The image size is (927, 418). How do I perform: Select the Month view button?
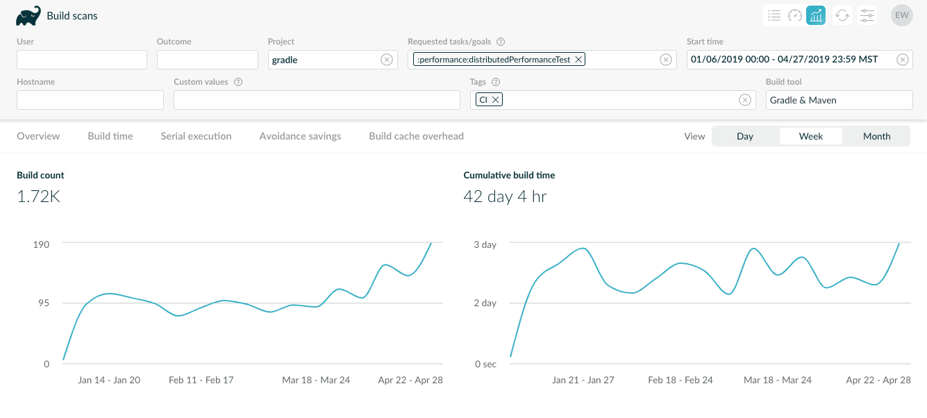(876, 136)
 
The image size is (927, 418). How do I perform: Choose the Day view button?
(745, 136)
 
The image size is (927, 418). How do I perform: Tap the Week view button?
(810, 136)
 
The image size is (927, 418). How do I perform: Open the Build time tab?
(110, 136)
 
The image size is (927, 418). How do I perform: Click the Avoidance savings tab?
(300, 136)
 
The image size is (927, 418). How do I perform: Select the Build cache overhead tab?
(416, 136)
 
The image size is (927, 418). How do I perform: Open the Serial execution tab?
(196, 136)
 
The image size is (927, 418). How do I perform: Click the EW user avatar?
(901, 15)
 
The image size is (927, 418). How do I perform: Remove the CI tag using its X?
(496, 100)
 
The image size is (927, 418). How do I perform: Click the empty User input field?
(82, 60)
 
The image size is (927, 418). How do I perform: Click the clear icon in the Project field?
(387, 60)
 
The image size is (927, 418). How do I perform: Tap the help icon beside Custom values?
(238, 82)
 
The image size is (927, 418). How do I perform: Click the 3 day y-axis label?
(485, 244)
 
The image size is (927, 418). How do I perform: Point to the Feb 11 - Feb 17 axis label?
(201, 380)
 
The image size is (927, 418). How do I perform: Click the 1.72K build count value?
(38, 197)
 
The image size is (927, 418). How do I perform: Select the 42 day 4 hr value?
(505, 197)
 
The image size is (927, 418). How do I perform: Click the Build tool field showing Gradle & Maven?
(839, 100)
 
